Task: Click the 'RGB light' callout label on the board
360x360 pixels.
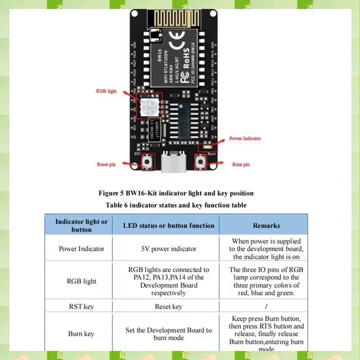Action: (x=106, y=91)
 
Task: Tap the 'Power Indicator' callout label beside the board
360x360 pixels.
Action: (x=245, y=138)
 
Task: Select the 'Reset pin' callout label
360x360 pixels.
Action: (x=106, y=164)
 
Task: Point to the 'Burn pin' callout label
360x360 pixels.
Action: (x=241, y=164)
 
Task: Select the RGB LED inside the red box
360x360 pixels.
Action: (x=148, y=107)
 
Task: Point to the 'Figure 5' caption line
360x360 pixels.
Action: (x=176, y=193)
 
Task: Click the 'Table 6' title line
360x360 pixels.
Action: (x=176, y=205)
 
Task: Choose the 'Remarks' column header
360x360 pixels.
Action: (x=266, y=225)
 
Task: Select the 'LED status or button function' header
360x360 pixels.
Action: (x=169, y=225)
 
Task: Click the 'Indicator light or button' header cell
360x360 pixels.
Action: (x=81, y=225)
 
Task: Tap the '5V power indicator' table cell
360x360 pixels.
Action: (x=169, y=248)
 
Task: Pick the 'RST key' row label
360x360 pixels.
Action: (x=81, y=306)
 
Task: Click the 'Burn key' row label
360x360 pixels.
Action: (x=81, y=334)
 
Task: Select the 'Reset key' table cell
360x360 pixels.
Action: (x=169, y=306)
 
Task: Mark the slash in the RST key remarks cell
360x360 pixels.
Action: (x=266, y=306)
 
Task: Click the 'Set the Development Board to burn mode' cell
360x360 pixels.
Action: (x=169, y=334)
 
